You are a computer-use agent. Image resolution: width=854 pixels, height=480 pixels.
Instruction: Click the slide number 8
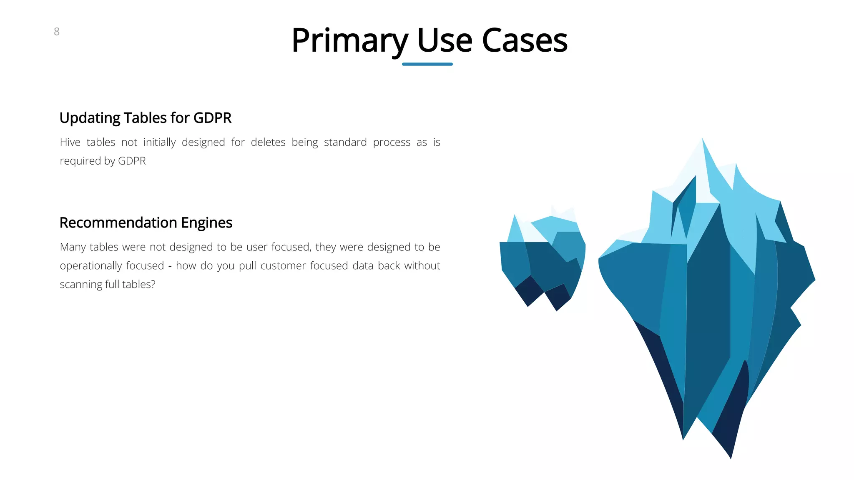click(x=57, y=32)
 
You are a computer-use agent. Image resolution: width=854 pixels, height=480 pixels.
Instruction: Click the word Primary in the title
click(x=349, y=41)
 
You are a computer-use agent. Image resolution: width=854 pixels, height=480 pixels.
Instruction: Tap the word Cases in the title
click(x=525, y=41)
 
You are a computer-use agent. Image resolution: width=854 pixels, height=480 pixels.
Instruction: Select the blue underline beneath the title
click(x=427, y=64)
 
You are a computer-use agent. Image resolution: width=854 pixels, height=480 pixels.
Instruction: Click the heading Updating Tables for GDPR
click(x=145, y=118)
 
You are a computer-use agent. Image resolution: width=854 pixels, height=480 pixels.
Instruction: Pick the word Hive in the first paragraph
click(x=70, y=142)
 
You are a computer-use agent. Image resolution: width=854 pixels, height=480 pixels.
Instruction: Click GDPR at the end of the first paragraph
click(x=132, y=161)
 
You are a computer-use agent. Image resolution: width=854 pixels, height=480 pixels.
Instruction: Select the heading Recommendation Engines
click(x=146, y=223)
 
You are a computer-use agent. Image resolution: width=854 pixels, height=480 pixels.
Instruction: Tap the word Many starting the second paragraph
click(x=73, y=247)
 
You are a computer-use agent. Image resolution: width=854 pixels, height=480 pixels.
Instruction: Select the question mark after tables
click(x=153, y=285)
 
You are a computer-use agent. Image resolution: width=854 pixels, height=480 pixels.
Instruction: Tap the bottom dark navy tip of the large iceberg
click(x=730, y=454)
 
